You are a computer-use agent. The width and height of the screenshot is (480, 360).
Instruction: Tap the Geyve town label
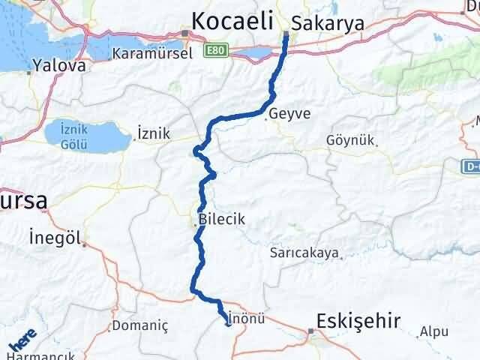click(290, 114)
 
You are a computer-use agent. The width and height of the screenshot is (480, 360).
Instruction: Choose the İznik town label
click(154, 133)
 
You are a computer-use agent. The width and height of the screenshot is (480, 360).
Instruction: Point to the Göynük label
click(350, 140)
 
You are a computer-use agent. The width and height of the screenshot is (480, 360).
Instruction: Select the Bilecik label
click(223, 220)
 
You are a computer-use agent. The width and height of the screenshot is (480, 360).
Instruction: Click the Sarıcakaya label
click(304, 253)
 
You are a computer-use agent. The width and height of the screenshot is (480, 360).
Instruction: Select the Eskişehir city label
click(358, 321)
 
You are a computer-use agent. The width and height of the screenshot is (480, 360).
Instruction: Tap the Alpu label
click(433, 331)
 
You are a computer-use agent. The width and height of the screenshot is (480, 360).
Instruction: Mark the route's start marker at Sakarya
click(286, 34)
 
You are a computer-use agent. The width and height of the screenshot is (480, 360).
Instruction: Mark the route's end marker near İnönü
click(228, 325)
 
